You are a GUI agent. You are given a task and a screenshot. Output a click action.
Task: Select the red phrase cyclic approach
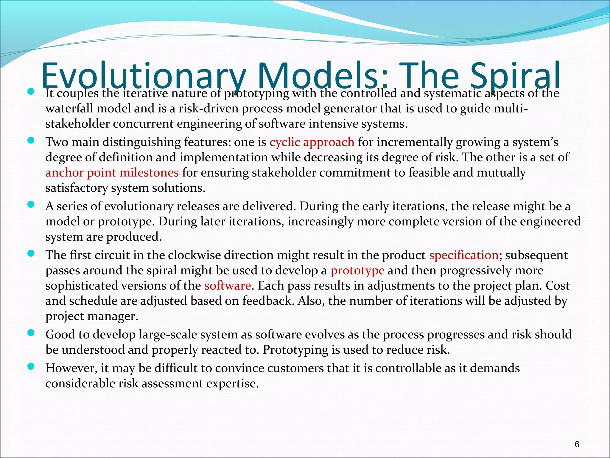point(312,142)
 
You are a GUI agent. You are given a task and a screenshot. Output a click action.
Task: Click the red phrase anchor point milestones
point(112,173)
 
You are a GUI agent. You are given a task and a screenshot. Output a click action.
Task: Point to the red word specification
point(464,255)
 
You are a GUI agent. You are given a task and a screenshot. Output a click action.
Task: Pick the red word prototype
point(357,270)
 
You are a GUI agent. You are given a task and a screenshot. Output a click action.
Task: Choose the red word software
point(228,286)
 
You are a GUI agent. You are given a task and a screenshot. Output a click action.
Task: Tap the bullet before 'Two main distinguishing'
point(31,140)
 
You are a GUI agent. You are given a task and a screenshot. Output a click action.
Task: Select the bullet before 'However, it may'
point(31,366)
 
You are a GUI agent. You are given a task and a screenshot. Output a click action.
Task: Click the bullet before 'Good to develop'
point(31,332)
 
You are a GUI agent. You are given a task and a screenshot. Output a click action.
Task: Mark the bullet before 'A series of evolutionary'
point(31,204)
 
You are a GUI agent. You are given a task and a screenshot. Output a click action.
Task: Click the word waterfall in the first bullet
point(69,108)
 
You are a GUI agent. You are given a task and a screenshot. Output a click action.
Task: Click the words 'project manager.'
point(92,316)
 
